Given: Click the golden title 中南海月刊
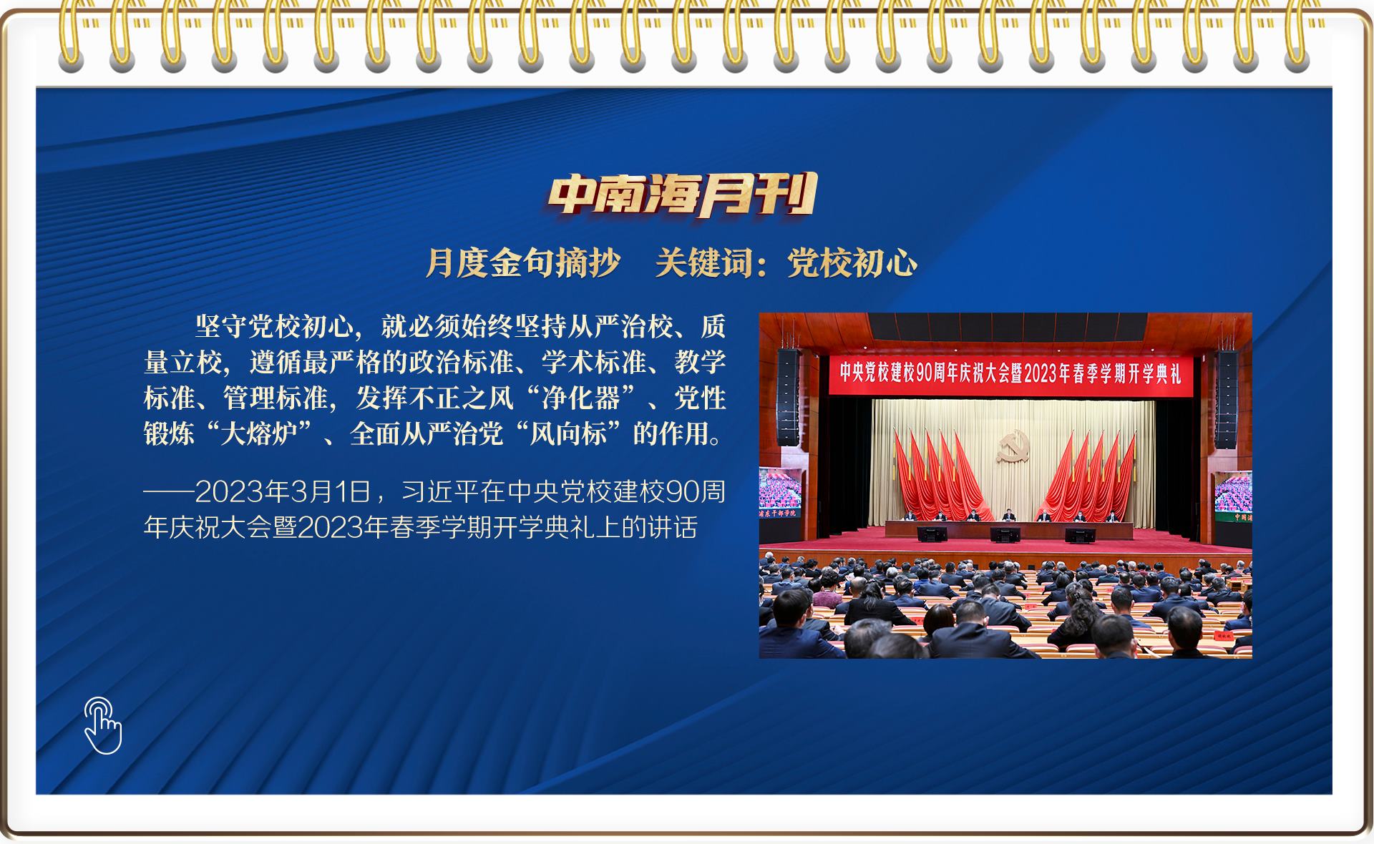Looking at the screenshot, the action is point(683,195).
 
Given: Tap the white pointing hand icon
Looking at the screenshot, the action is point(103,725).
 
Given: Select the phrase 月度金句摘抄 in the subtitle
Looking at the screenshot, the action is point(523,262).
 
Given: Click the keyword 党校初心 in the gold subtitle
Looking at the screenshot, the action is point(852,262).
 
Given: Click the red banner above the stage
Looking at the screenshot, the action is point(1011,373).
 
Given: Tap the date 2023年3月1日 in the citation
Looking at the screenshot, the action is point(283,491).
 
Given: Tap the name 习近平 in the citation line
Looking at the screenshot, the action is point(439,491).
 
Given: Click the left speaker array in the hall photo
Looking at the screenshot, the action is point(787,397).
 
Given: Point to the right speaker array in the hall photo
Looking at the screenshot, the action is point(1225,399).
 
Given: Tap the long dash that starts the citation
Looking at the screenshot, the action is point(169,492).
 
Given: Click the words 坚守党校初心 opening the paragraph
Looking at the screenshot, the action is point(274,326).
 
